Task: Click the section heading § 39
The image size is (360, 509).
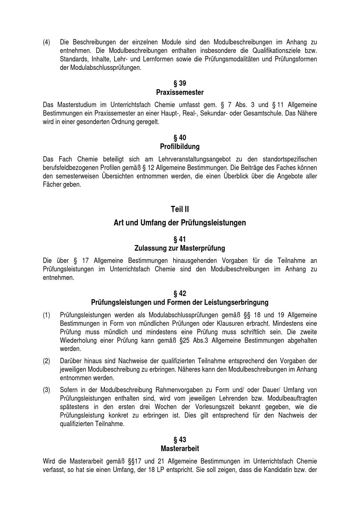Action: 180,84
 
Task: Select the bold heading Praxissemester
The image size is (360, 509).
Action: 180,93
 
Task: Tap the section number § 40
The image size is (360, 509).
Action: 180,138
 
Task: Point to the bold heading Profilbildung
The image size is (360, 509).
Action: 180,147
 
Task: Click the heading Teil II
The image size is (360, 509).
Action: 180,209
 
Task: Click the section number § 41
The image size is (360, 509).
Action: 180,239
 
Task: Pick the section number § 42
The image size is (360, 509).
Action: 180,293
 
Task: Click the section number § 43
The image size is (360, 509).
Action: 180,440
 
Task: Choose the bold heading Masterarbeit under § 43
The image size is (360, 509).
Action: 180,449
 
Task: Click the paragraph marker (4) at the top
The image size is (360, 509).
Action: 46,42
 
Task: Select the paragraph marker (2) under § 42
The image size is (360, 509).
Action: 46,361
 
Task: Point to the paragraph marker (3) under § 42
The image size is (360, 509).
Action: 46,390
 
